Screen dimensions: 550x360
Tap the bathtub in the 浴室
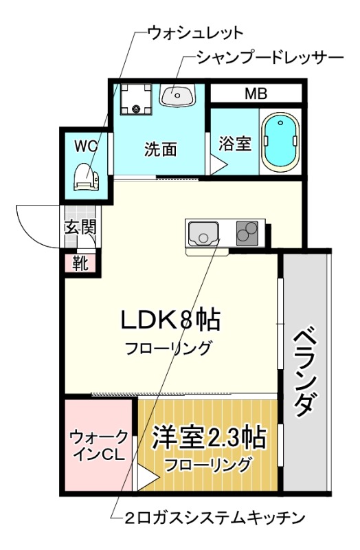[x=279, y=143]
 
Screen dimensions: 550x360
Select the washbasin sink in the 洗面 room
[x=177, y=94]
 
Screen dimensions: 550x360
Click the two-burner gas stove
[x=249, y=233]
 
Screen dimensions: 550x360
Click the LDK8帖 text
[x=170, y=320]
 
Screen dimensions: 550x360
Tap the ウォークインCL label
[x=98, y=445]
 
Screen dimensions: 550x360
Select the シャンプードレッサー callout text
[x=269, y=57]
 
